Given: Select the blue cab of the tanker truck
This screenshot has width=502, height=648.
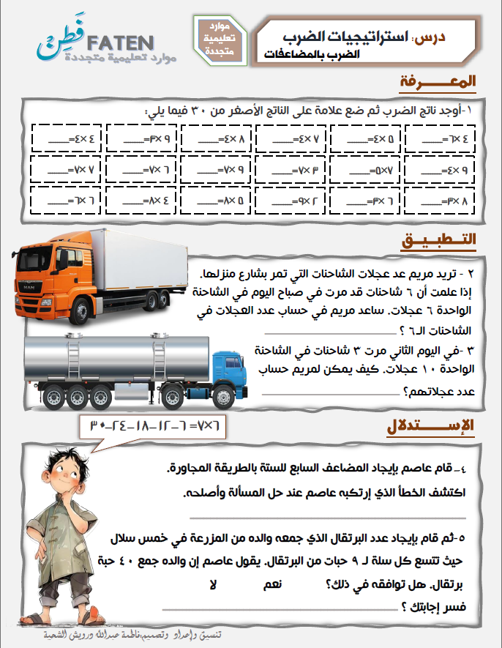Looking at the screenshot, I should (x=232, y=371).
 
